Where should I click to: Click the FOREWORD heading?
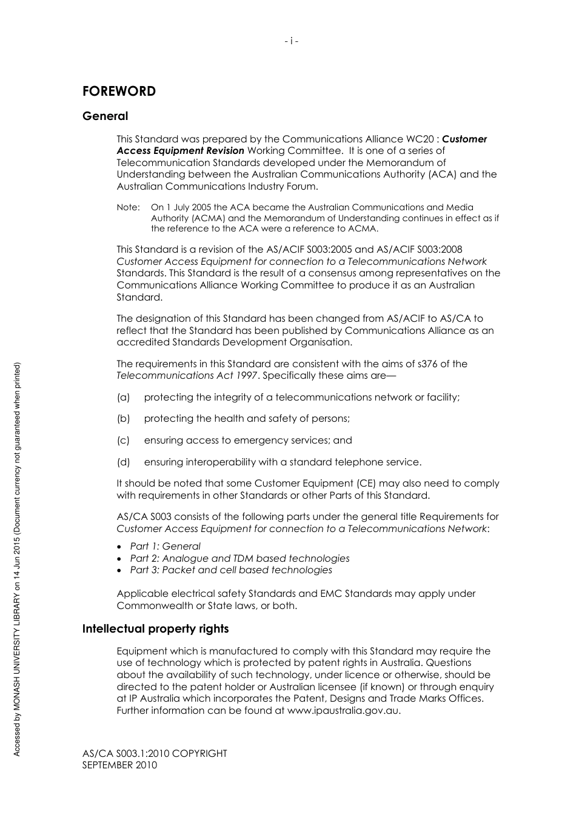coord(119,91)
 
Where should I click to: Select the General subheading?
coord(105,116)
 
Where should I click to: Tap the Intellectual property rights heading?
coord(155,629)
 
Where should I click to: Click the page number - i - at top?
coord(291,41)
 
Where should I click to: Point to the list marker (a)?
coord(123,398)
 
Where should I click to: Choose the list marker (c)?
coord(123,441)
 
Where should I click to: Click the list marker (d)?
coord(123,462)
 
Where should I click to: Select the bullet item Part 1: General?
coord(165,547)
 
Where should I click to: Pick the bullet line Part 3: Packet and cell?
coord(231,570)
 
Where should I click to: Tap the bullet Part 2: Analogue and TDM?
coord(239,559)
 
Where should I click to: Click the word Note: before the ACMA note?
coord(128,208)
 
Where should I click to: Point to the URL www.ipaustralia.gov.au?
coord(343,711)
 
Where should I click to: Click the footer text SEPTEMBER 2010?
coord(119,765)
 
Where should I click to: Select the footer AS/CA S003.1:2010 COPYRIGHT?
coord(155,754)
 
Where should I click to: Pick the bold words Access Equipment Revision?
coord(180,151)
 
